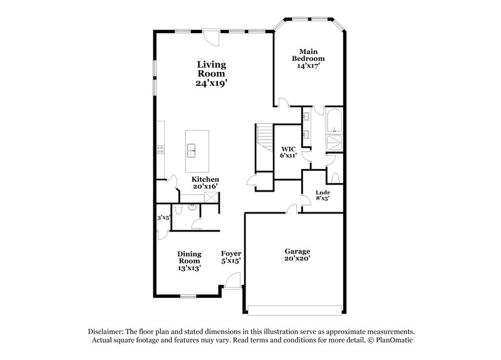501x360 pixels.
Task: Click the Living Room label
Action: click(x=211, y=69)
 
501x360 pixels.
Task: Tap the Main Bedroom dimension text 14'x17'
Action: click(x=308, y=66)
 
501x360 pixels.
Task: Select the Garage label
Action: click(x=297, y=252)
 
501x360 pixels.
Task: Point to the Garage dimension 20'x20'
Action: click(x=297, y=259)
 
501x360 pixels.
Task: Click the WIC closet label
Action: click(x=288, y=149)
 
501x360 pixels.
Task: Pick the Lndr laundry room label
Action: click(x=323, y=193)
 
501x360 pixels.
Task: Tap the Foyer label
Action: click(x=231, y=254)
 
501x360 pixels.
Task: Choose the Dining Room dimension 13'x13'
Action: click(x=189, y=269)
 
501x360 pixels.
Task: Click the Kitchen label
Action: click(x=205, y=179)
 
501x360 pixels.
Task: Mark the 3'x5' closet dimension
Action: click(x=163, y=218)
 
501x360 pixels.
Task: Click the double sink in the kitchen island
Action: click(x=192, y=151)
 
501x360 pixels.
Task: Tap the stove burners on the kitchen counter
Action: click(x=160, y=149)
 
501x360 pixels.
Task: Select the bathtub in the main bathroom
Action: click(x=334, y=121)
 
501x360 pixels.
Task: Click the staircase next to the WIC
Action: click(x=264, y=138)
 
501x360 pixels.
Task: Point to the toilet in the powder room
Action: click(x=178, y=209)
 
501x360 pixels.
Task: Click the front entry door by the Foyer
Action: click(x=232, y=281)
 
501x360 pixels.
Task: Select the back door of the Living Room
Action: click(x=211, y=38)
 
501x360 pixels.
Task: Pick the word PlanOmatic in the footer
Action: click(x=394, y=340)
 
